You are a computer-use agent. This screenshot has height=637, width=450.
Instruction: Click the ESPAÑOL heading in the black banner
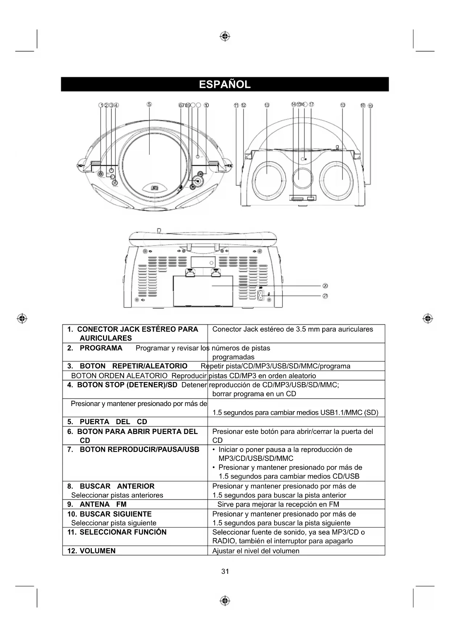click(x=225, y=85)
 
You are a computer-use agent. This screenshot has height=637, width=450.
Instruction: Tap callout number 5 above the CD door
click(x=149, y=105)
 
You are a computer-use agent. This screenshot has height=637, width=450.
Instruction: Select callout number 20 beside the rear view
click(x=325, y=286)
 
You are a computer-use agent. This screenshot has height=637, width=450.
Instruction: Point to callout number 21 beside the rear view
click(x=325, y=296)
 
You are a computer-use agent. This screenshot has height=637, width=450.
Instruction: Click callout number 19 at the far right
click(x=370, y=106)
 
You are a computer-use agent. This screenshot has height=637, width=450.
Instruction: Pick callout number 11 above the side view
click(x=236, y=105)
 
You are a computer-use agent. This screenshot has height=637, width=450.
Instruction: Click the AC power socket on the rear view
click(x=260, y=295)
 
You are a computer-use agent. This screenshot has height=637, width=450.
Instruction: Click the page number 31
click(x=225, y=571)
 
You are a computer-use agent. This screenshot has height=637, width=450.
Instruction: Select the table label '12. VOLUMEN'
click(x=91, y=551)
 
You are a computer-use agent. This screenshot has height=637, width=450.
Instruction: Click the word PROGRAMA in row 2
click(x=101, y=348)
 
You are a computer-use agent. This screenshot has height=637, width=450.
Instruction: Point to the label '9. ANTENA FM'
click(x=97, y=504)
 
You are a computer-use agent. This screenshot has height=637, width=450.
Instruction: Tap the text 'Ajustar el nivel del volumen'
click(x=256, y=551)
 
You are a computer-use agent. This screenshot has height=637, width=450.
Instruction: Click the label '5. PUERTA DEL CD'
click(x=107, y=422)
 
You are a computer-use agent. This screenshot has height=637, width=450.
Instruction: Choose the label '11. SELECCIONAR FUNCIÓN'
click(x=117, y=532)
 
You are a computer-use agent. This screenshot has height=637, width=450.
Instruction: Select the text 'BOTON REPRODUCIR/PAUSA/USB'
click(x=139, y=450)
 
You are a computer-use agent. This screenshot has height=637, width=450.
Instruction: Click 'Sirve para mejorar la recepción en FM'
click(x=278, y=504)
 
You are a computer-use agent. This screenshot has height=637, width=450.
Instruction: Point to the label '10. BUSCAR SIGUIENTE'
click(x=110, y=514)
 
